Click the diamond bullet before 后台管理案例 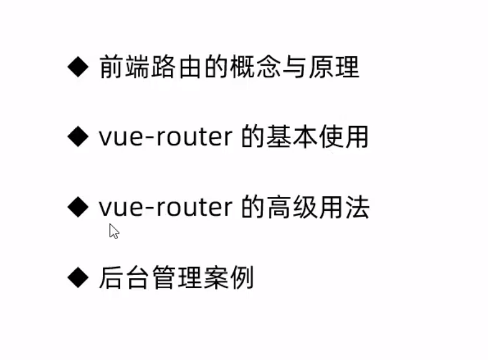tap(78, 278)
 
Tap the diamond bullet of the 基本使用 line tap(78, 138)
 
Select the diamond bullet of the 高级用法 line tap(78, 208)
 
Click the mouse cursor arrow tap(113, 231)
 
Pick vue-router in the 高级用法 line tap(165, 208)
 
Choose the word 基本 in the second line tap(292, 138)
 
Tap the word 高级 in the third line tap(292, 208)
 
